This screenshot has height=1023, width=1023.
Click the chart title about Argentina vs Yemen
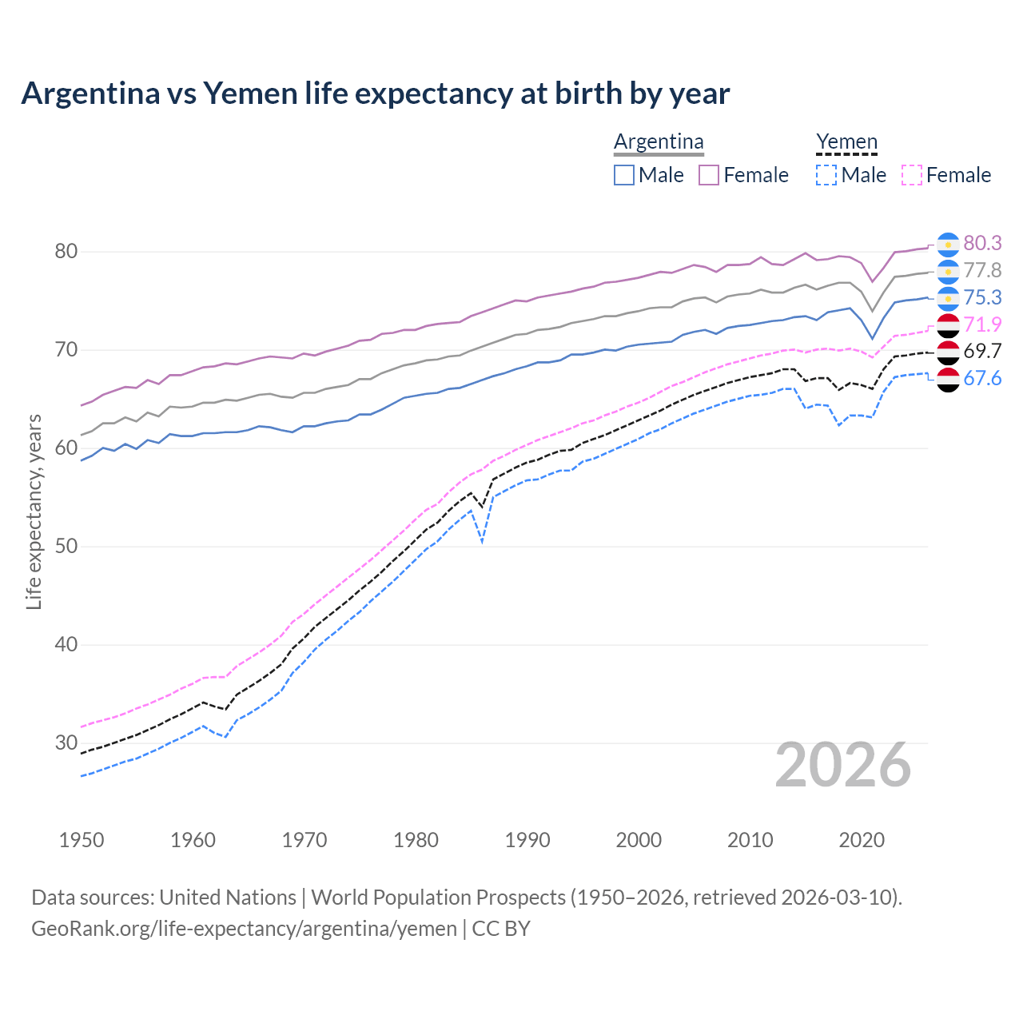[x=375, y=94]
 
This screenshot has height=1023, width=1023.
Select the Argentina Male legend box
[x=624, y=175]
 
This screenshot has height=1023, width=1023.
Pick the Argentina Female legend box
[x=709, y=175]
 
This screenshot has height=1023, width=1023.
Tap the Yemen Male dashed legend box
[x=826, y=175]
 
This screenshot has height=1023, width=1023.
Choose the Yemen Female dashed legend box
[x=912, y=175]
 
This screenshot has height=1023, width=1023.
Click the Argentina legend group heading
[x=659, y=141]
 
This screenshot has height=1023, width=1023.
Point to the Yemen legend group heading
[x=846, y=141]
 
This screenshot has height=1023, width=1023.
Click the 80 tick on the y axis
[x=66, y=252]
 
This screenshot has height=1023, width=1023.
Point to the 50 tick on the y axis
[x=66, y=547]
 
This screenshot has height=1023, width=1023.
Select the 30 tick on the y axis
[x=66, y=743]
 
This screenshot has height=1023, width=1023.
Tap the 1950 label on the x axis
[x=82, y=840]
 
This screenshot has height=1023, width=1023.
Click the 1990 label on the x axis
[x=527, y=840]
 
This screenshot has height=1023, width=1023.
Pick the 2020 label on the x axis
[x=862, y=840]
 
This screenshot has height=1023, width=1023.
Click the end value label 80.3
[x=982, y=243]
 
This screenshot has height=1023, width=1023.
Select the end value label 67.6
[x=982, y=378]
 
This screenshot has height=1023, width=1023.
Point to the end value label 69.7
[x=982, y=351]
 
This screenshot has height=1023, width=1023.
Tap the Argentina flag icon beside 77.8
[x=948, y=271]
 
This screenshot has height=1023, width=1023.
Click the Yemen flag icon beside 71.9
[x=948, y=324]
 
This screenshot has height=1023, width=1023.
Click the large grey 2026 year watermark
[x=843, y=765]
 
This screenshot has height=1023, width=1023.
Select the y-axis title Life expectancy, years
[x=34, y=511]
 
